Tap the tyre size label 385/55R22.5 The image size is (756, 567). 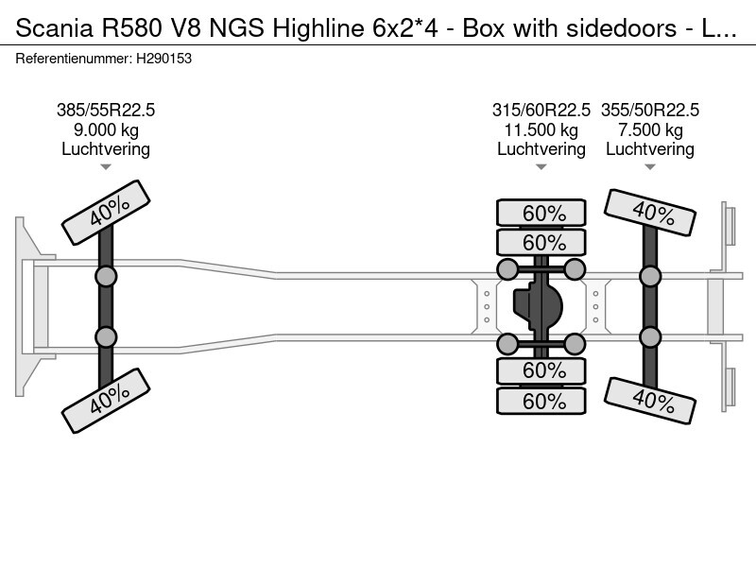[x=106, y=111]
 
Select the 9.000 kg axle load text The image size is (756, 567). [x=106, y=129]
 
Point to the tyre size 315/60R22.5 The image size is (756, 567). [x=541, y=111]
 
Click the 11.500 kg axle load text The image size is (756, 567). [x=541, y=129]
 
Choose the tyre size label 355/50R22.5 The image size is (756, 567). [x=650, y=111]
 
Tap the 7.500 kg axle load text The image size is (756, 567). [x=650, y=129]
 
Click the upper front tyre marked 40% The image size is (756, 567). [x=106, y=215]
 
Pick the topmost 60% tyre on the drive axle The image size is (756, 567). [x=542, y=213]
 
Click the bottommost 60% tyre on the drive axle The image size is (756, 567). [x=542, y=402]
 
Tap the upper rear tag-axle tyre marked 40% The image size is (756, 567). [x=650, y=213]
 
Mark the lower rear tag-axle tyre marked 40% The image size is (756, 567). [x=650, y=402]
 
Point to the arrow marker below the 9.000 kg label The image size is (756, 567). [x=106, y=167]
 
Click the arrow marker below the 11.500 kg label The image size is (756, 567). [x=541, y=167]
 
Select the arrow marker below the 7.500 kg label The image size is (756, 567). [x=650, y=167]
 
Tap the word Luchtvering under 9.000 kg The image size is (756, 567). [x=106, y=148]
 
